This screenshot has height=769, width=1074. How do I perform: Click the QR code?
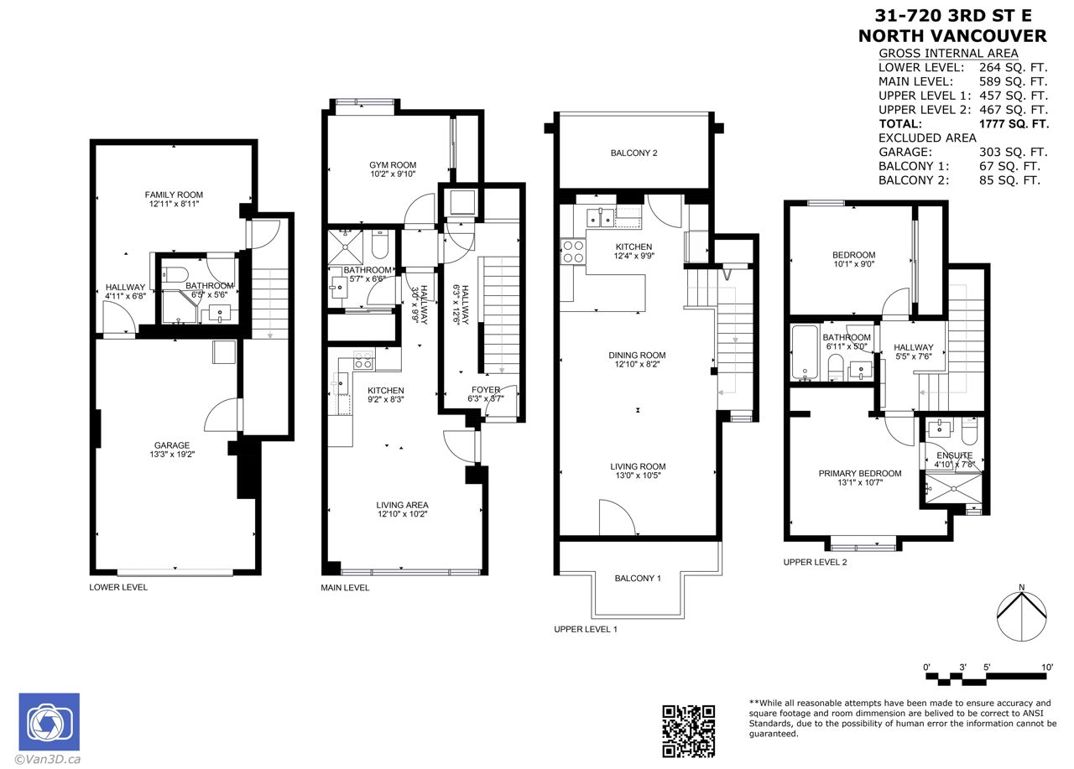pyautogui.click(x=689, y=731)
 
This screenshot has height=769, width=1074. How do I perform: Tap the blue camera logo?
pyautogui.click(x=50, y=721)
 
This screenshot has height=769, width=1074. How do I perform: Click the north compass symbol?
pyautogui.click(x=1022, y=616)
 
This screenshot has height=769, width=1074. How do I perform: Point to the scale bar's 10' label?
pyautogui.click(x=1047, y=667)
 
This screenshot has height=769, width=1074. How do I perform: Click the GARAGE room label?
pyautogui.click(x=172, y=445)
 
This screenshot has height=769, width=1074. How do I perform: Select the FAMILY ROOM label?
pyautogui.click(x=174, y=195)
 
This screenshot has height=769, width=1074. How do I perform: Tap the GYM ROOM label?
pyautogui.click(x=393, y=165)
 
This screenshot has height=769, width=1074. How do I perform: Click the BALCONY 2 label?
pyautogui.click(x=633, y=153)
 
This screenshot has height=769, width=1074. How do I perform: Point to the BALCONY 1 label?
pyautogui.click(x=638, y=579)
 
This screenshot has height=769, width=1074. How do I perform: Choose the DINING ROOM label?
pyautogui.click(x=637, y=355)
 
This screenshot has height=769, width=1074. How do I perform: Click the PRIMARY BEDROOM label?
pyautogui.click(x=860, y=473)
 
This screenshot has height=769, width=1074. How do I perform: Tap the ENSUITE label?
pyautogui.click(x=955, y=455)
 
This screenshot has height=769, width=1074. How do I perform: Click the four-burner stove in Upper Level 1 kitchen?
pyautogui.click(x=573, y=252)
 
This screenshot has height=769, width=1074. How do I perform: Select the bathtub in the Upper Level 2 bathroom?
pyautogui.click(x=805, y=353)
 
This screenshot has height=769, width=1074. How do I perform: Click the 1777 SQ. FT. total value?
pyautogui.click(x=1014, y=123)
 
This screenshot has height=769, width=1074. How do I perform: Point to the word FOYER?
pyautogui.click(x=486, y=389)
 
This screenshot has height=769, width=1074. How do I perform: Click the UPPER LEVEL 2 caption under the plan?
pyautogui.click(x=815, y=562)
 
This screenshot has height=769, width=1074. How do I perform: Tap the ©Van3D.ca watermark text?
pyautogui.click(x=48, y=760)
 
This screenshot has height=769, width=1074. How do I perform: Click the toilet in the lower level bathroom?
pyautogui.click(x=175, y=274)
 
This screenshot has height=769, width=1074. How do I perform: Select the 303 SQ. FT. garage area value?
pyautogui.click(x=1013, y=152)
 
